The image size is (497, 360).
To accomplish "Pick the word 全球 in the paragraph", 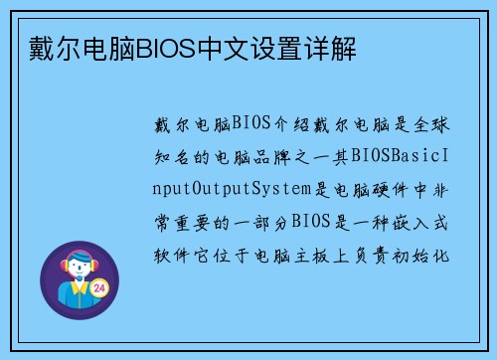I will tap(430, 125).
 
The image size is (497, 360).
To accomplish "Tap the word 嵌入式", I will tap(419, 221).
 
